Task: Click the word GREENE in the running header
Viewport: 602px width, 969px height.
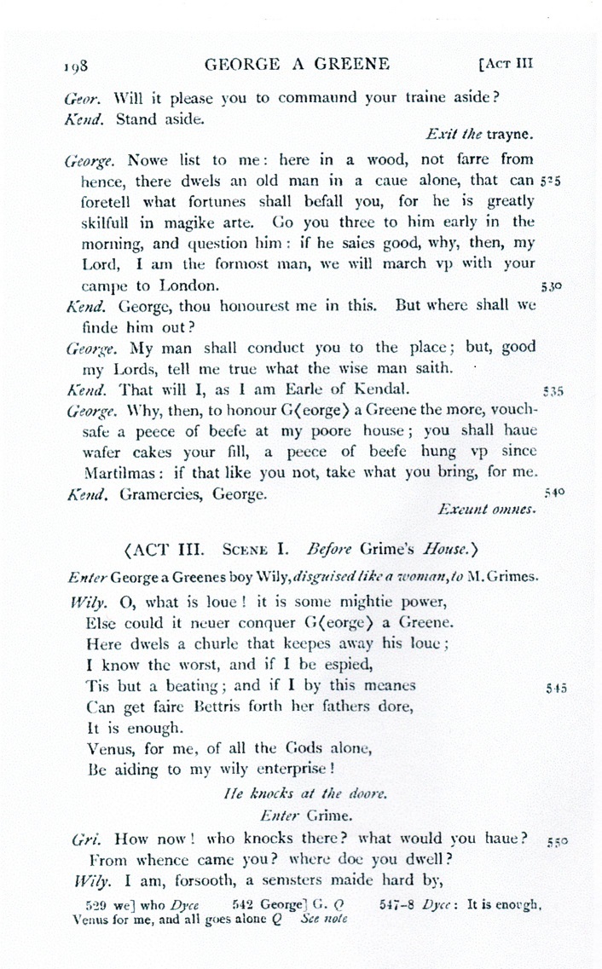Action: [x=350, y=63]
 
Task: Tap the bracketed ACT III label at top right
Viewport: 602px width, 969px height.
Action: [x=507, y=63]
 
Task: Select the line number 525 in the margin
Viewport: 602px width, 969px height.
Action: [x=550, y=182]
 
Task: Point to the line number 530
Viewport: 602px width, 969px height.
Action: [x=550, y=286]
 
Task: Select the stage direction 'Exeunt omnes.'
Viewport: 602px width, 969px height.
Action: [x=486, y=510]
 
